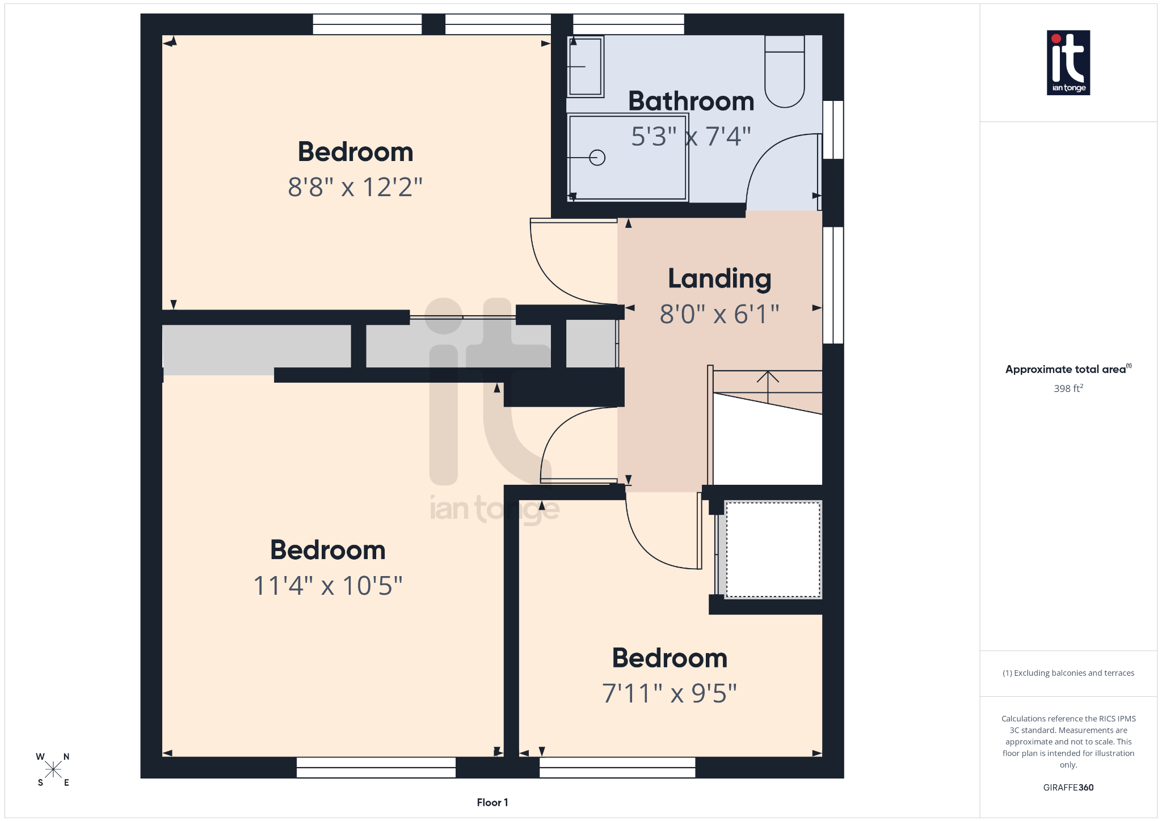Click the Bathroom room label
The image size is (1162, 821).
pos(691,101)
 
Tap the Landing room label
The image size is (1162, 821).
pos(719,279)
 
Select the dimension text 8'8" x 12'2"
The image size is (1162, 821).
pos(355,187)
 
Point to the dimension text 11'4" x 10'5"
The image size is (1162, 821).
pos(328,586)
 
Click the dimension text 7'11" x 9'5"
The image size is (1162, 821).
pos(670,693)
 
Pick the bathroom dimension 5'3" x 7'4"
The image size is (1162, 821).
pos(691,137)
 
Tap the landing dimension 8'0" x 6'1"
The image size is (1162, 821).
pos(719,314)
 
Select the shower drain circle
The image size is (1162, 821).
pos(597,158)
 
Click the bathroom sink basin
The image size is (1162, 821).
pos(586,66)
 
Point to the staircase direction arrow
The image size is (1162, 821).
pos(768,386)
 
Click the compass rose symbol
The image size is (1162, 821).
pos(53,769)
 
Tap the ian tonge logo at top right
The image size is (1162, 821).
pos(1068,62)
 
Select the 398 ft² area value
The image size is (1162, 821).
pos(1068,388)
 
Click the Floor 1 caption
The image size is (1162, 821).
pos(492,802)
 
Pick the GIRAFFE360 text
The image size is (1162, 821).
pos(1068,788)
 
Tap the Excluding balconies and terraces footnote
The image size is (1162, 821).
pos(1068,673)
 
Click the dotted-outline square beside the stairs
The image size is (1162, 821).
pos(773,549)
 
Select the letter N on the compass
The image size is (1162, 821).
pos(66,756)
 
